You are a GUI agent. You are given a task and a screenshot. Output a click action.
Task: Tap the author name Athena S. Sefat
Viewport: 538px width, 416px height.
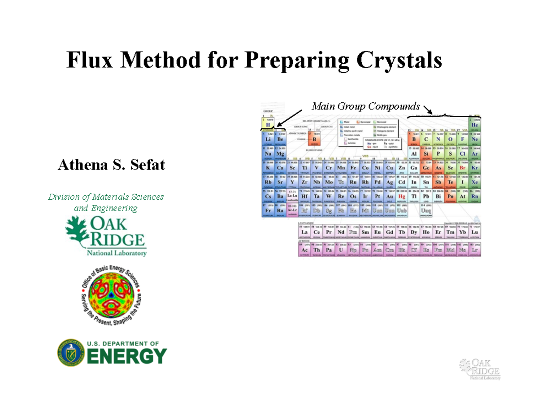point(112,166)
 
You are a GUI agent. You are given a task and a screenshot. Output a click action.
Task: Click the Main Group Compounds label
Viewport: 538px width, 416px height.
point(366,106)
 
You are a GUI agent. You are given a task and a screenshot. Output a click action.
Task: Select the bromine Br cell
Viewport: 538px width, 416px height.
point(462,168)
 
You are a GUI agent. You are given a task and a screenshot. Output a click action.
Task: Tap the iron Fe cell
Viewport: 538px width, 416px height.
point(353,168)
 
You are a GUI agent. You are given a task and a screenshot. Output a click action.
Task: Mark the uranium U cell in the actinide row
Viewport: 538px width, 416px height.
point(341,250)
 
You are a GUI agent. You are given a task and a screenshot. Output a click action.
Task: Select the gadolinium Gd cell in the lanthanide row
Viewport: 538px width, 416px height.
point(390,232)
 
